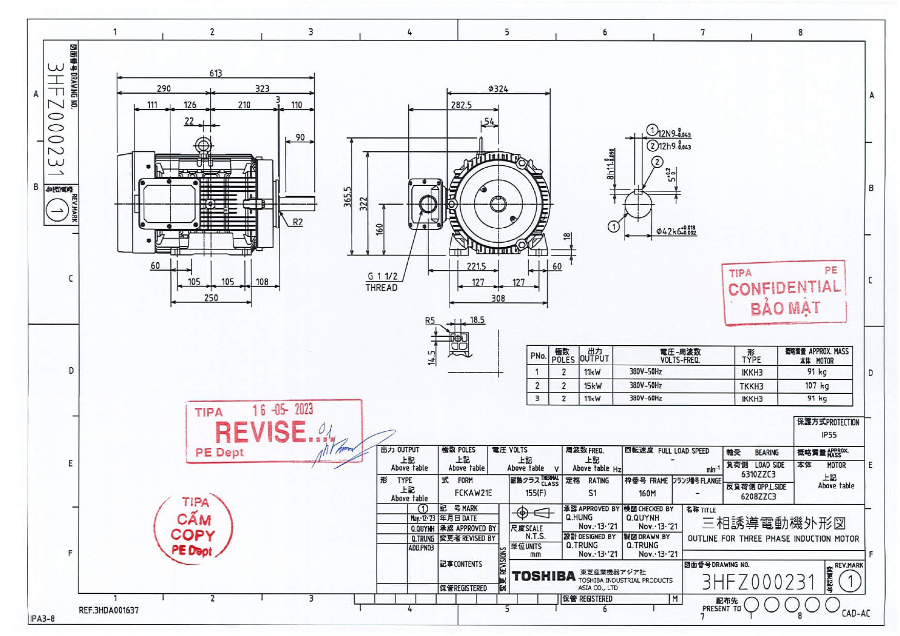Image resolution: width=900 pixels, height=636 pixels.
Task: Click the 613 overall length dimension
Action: (x=215, y=73)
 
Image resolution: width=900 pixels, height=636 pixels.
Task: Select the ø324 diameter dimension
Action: (x=498, y=89)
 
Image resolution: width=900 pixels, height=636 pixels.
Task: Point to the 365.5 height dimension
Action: (x=348, y=196)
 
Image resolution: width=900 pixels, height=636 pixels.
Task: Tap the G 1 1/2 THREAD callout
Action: (x=382, y=282)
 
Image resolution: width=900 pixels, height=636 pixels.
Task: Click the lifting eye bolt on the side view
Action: (x=203, y=144)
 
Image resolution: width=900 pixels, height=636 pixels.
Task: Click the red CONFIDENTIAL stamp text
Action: (x=784, y=288)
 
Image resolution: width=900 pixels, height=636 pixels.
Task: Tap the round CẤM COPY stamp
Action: (x=193, y=528)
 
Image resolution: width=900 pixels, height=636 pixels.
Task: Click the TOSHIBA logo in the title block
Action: (x=543, y=577)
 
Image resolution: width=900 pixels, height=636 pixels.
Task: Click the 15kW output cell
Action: (x=592, y=386)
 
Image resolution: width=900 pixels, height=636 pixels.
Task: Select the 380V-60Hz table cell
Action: (x=646, y=399)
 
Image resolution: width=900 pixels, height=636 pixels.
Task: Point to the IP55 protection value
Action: (x=829, y=435)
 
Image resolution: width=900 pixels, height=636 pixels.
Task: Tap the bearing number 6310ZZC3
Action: (x=758, y=474)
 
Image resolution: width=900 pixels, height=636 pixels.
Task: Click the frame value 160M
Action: (x=647, y=493)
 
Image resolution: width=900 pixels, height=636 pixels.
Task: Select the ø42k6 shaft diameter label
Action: (x=675, y=231)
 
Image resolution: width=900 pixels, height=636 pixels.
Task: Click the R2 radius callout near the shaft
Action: (x=297, y=222)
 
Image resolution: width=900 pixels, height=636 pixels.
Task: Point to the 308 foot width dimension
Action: (x=498, y=298)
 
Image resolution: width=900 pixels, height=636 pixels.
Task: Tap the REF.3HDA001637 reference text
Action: (x=109, y=610)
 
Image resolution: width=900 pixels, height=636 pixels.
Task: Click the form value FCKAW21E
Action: (x=473, y=493)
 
